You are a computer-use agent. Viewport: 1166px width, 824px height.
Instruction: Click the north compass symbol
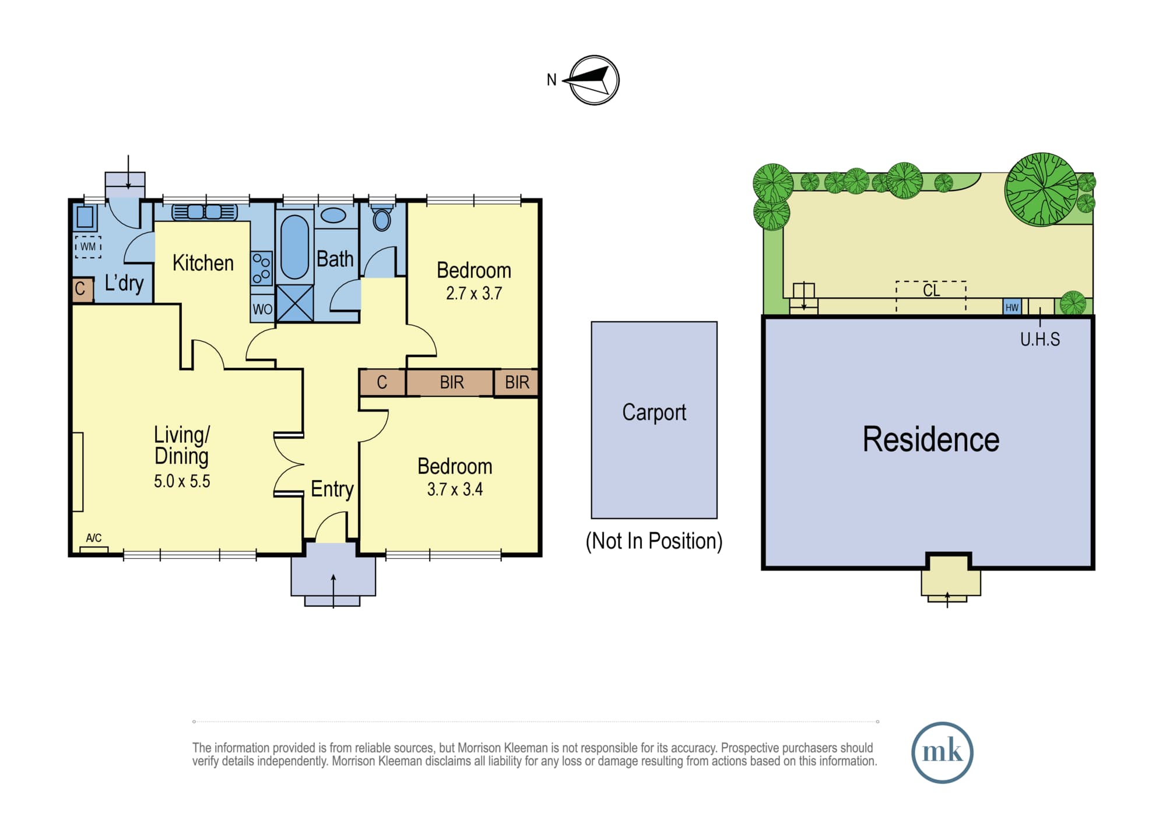coord(593,80)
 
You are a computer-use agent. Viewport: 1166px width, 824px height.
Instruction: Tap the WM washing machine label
coord(88,247)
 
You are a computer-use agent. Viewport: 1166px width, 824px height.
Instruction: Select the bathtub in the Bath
coord(294,247)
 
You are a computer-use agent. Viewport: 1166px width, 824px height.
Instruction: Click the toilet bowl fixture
coord(382,219)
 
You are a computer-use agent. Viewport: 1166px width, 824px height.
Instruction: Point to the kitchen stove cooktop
coord(262,267)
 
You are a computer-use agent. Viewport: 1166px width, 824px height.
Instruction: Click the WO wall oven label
coord(262,309)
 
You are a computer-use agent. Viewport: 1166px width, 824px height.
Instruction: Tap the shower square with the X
coord(294,303)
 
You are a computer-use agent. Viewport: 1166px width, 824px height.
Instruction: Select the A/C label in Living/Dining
coord(94,538)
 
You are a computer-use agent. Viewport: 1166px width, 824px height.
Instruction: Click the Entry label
coord(332,489)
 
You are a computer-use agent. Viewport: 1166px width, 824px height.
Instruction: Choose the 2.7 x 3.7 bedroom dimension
coord(474,293)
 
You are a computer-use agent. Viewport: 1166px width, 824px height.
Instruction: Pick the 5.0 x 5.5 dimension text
coord(182,481)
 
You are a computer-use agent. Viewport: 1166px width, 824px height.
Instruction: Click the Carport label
coord(654,413)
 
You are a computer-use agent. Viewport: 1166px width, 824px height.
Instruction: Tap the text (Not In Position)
coord(654,541)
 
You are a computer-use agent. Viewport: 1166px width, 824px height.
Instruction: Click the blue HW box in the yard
coord(1012,307)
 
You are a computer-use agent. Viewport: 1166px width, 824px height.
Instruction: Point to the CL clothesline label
coord(932,290)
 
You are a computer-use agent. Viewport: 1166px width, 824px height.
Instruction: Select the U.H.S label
coord(1040,339)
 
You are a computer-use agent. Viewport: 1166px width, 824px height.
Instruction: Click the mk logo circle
coord(942,752)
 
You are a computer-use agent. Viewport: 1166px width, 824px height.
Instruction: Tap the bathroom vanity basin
coord(333,216)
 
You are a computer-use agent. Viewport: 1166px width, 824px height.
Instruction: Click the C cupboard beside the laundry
coord(82,289)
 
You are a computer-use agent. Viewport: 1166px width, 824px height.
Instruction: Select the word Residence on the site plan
coord(931,439)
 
